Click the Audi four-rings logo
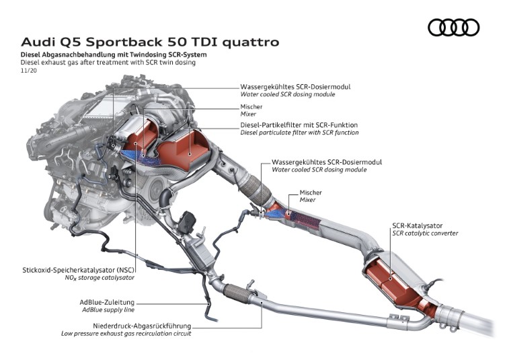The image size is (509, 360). click(453, 28)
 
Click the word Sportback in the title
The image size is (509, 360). click(124, 42)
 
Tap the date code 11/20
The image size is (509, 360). click(29, 70)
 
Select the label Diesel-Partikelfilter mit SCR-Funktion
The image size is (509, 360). click(299, 125)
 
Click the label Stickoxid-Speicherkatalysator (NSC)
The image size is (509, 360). click(79, 269)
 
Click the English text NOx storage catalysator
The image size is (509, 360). click(95, 277)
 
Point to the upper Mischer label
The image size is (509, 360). click(251, 106)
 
